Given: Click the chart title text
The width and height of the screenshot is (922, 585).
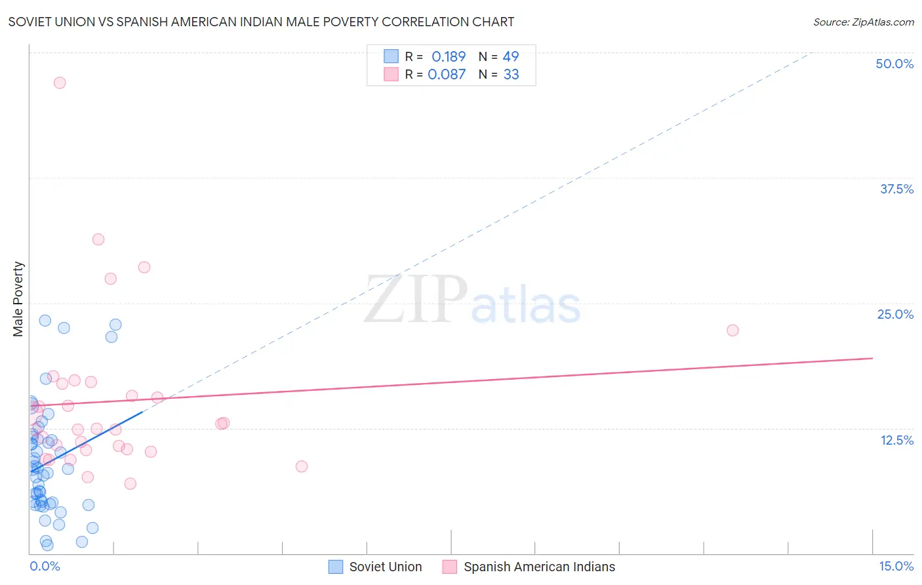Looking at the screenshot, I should [x=261, y=22].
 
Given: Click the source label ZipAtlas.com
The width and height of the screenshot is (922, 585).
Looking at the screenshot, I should [x=863, y=22].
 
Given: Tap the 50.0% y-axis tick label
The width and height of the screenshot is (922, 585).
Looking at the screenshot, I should [x=894, y=64].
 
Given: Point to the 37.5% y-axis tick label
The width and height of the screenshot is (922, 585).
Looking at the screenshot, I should [x=896, y=189].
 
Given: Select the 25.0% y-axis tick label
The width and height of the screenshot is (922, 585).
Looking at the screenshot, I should [x=895, y=314].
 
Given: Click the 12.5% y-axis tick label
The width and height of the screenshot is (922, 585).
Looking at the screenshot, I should [x=896, y=440].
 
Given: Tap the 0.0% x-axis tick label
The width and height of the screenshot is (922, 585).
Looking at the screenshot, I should [x=45, y=566].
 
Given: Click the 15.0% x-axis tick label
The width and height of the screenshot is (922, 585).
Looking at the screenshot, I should [x=896, y=566].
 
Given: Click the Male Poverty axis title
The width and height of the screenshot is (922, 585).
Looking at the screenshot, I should [x=18, y=299].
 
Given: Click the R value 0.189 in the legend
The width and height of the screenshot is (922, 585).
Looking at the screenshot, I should [x=449, y=57].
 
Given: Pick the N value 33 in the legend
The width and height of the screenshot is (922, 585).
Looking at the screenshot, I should [x=511, y=75].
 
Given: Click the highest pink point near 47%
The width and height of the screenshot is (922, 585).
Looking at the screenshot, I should [x=60, y=83].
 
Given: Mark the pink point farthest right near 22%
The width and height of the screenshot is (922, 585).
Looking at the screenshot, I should [x=732, y=330].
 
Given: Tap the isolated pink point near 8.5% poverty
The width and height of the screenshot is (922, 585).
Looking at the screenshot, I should [x=302, y=466].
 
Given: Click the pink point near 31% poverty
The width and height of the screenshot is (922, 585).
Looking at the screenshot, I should [x=98, y=239].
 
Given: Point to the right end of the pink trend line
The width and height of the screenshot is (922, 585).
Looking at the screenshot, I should [x=872, y=358].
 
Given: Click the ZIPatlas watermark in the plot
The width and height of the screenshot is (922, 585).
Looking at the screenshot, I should [x=472, y=300].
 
